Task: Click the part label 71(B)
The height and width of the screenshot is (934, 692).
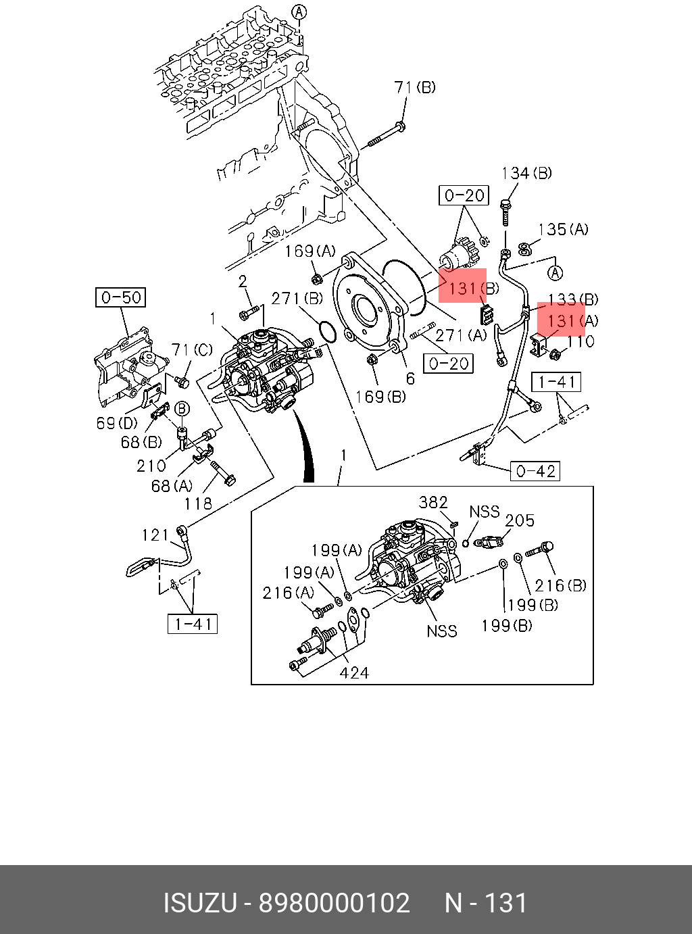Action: point(415,87)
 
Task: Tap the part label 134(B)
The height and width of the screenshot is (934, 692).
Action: point(526,173)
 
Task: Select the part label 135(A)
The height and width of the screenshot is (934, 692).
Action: point(563,230)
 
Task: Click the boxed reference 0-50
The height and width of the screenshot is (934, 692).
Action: point(122,297)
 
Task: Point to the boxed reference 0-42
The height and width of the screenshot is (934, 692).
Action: point(535,471)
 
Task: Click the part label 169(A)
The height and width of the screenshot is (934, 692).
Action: point(310,251)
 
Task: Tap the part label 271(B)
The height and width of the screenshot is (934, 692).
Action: point(297,298)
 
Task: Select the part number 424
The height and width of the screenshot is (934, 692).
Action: point(354,672)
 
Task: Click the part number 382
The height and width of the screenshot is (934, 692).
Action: point(433,503)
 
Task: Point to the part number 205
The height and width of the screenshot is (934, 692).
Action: point(520,520)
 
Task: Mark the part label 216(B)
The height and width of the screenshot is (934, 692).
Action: point(561,586)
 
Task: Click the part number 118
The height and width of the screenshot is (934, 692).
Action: point(198,503)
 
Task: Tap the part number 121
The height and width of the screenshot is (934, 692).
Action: point(155,535)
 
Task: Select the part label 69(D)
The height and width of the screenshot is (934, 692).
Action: point(117,424)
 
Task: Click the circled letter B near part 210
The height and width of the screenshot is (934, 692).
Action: point(182,409)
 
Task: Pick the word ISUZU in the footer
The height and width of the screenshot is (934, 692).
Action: point(199,903)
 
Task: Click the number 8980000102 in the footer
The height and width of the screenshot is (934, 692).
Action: point(335,903)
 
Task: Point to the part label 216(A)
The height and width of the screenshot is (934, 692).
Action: point(289,593)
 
